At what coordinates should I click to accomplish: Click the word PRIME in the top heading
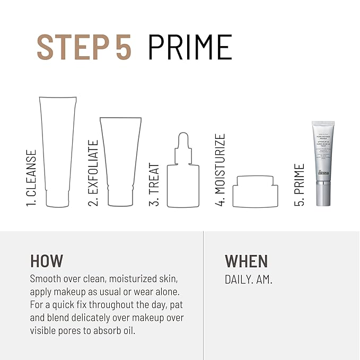click(190, 47)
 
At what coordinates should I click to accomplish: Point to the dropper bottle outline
click(183, 180)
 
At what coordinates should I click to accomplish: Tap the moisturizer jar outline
click(256, 192)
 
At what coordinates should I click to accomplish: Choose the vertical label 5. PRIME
click(300, 185)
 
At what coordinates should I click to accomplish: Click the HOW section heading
click(47, 261)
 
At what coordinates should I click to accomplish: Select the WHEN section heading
click(247, 261)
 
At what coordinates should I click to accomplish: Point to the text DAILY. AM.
click(249, 279)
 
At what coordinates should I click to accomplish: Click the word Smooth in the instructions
click(46, 279)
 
